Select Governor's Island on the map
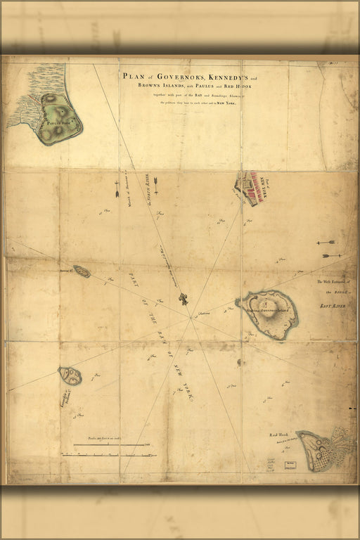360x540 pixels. pyautogui.click(x=269, y=314)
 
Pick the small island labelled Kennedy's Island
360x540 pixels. pyautogui.click(x=70, y=375)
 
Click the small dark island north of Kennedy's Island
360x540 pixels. pyautogui.click(x=82, y=271)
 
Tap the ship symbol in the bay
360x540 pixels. pyautogui.click(x=183, y=300)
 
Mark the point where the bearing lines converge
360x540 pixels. pyautogui.click(x=192, y=318)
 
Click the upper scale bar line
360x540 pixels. pyautogui.click(x=112, y=445)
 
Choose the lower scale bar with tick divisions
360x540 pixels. pyautogui.click(x=109, y=455)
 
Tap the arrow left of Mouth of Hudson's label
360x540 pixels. pyautogui.click(x=117, y=189)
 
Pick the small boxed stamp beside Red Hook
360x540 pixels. pyautogui.click(x=289, y=463)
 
